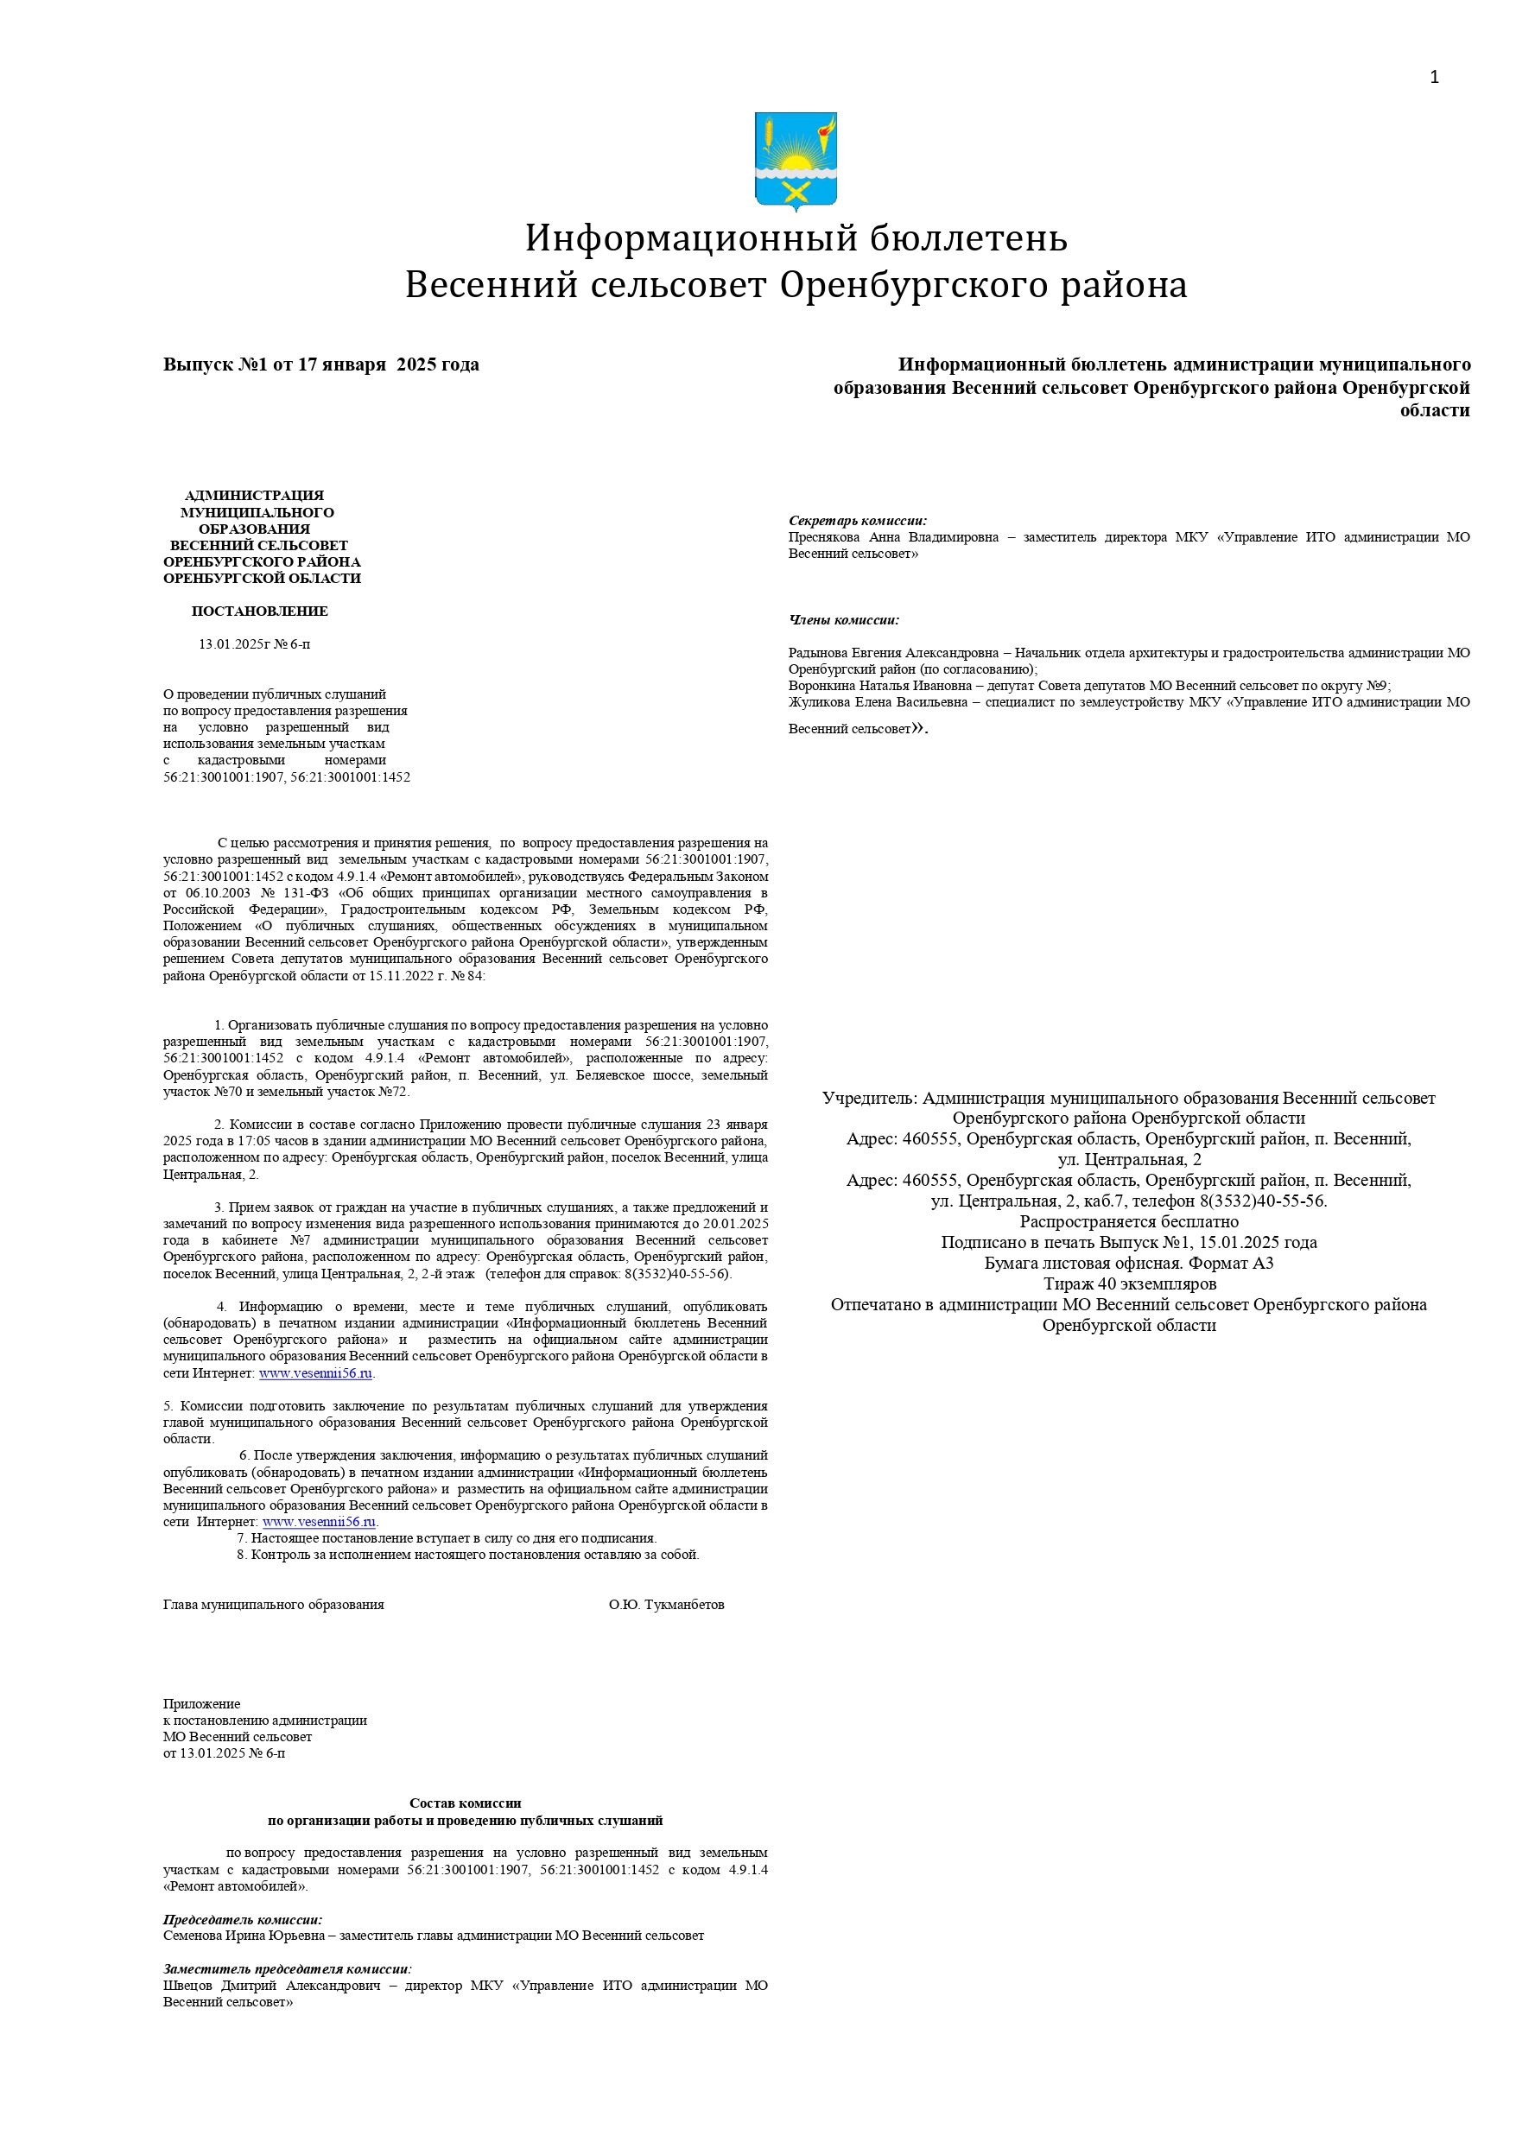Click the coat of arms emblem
pyautogui.click(x=796, y=161)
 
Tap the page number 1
pyautogui.click(x=1434, y=78)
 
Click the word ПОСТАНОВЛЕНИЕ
pyautogui.click(x=259, y=612)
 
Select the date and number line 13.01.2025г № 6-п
pyautogui.click(x=254, y=644)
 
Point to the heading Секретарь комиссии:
pyautogui.click(x=857, y=521)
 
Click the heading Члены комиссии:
pyautogui.click(x=844, y=620)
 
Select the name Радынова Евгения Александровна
pyautogui.click(x=892, y=653)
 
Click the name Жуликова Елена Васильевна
pyautogui.click(x=878, y=702)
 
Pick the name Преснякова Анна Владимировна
pyautogui.click(x=893, y=537)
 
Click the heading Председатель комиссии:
pyautogui.click(x=243, y=1919)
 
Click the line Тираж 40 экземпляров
pyautogui.click(x=1129, y=1283)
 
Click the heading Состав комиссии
pyautogui.click(x=465, y=1803)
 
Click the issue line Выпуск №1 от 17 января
pyautogui.click(x=321, y=365)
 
